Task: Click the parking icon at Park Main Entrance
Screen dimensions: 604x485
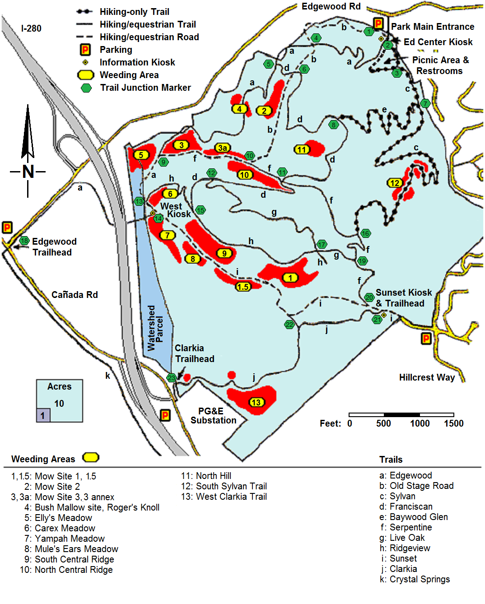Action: [378, 23]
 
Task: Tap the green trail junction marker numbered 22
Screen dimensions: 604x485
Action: [289, 325]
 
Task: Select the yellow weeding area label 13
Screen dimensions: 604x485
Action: [256, 402]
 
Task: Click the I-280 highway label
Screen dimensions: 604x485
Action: [31, 28]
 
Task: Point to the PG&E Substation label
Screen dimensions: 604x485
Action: [213, 416]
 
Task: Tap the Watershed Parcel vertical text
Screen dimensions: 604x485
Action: [155, 328]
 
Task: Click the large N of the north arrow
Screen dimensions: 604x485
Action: [28, 172]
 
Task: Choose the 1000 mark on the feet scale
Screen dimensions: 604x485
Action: [420, 423]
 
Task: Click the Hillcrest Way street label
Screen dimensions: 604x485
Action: [427, 377]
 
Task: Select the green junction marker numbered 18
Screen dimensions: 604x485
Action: [24, 241]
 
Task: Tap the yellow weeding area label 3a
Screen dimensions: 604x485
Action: [223, 148]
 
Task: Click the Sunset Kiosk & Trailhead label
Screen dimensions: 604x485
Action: [403, 298]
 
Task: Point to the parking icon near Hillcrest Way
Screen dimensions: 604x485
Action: [426, 339]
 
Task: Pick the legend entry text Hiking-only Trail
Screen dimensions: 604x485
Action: [134, 12]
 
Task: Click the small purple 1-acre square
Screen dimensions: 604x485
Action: [43, 415]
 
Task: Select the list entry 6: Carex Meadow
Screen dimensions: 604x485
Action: [60, 528]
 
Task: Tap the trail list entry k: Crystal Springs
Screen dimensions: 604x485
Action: [415, 579]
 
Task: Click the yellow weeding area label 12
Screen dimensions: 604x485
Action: [395, 183]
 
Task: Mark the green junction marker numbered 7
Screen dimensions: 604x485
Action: [425, 103]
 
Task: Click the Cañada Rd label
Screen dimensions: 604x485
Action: [75, 295]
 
